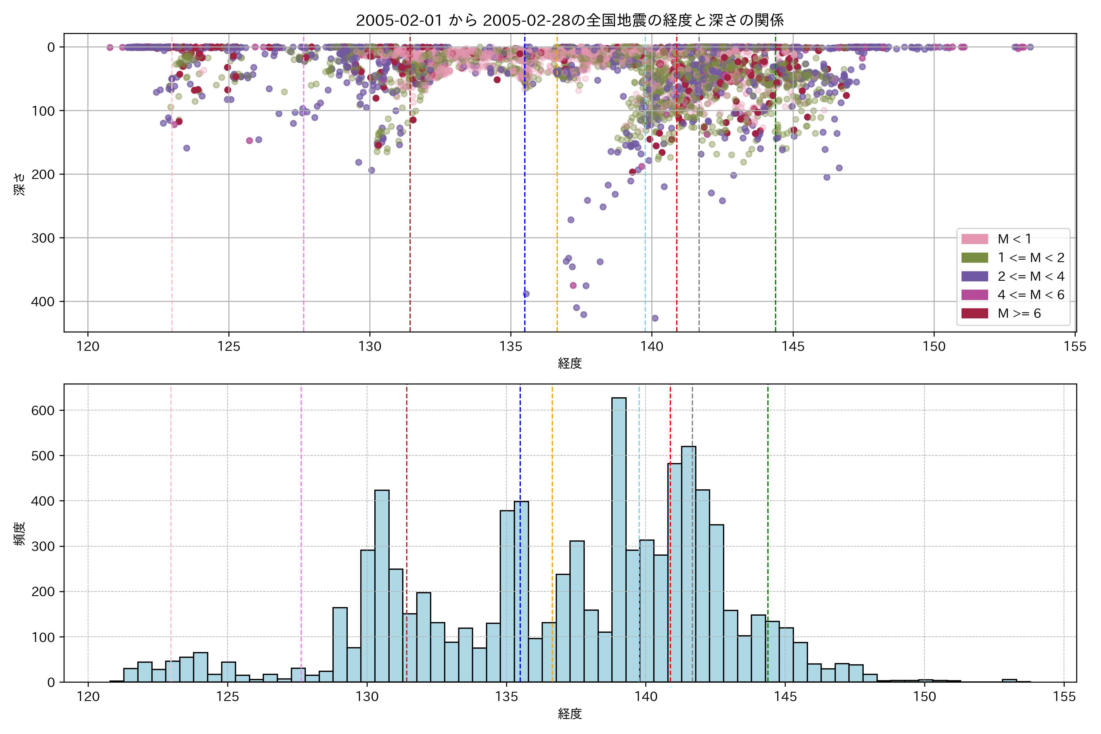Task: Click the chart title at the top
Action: click(x=570, y=20)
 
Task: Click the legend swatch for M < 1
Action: click(x=975, y=239)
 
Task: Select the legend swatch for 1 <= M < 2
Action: click(x=975, y=258)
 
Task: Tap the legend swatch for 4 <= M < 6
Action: click(x=975, y=295)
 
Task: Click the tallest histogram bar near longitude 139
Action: click(x=619, y=538)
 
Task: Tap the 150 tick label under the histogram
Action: click(x=925, y=697)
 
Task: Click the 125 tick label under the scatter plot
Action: click(x=228, y=347)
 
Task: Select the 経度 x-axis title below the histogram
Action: click(x=570, y=714)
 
